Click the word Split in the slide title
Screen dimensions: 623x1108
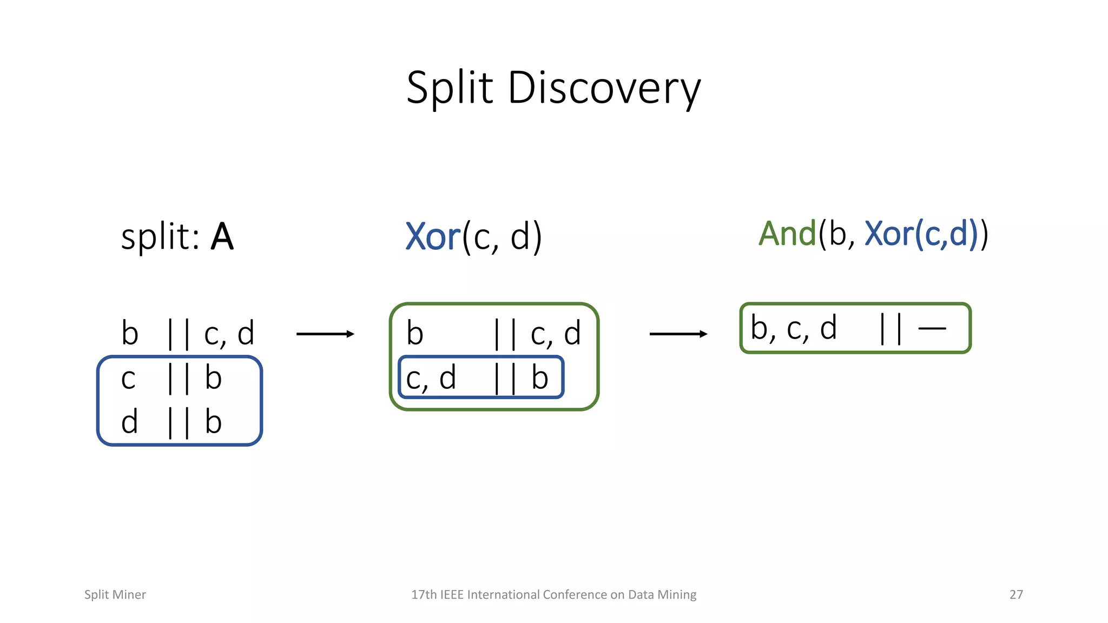450,88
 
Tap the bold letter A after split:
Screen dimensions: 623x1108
222,237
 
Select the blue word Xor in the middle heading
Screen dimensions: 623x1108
433,237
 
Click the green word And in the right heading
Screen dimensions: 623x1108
787,234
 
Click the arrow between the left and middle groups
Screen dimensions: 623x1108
325,334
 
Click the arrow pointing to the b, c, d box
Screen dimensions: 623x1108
678,334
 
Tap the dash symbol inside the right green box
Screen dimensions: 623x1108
932,328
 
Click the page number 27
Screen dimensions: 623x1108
1016,594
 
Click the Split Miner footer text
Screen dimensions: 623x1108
115,594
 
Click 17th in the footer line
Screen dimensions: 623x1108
424,594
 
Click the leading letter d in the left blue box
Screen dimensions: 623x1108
129,422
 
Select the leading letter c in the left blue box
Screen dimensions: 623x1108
128,379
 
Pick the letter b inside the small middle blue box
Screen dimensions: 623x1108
539,377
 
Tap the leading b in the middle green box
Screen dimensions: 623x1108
415,333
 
